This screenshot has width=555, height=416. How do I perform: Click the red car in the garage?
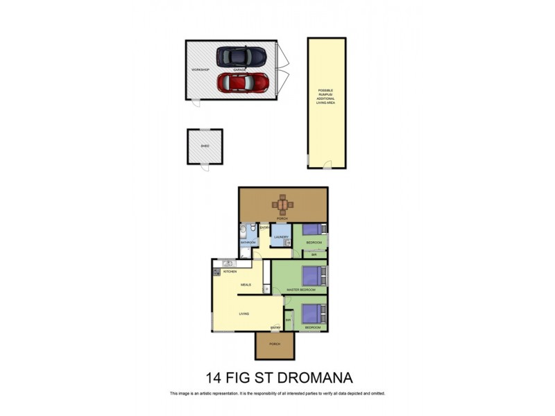click(242, 83)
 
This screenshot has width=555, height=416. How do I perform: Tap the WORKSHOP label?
click(200, 70)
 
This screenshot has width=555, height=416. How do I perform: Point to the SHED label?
click(205, 146)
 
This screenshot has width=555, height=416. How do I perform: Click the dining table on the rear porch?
click(282, 204)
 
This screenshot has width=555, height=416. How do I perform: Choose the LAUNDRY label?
click(281, 237)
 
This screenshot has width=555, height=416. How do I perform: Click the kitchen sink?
click(228, 263)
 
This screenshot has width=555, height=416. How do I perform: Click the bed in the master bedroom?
click(316, 272)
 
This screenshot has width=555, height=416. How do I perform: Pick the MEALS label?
click(246, 284)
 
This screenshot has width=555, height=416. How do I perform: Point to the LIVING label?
click(244, 314)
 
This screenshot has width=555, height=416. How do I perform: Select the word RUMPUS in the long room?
click(325, 94)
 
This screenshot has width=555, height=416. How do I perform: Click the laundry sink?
click(287, 243)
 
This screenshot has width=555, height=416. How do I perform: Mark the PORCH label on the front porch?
click(275, 344)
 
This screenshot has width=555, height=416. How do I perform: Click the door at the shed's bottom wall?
click(205, 166)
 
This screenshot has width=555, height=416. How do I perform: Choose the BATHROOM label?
click(248, 242)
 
